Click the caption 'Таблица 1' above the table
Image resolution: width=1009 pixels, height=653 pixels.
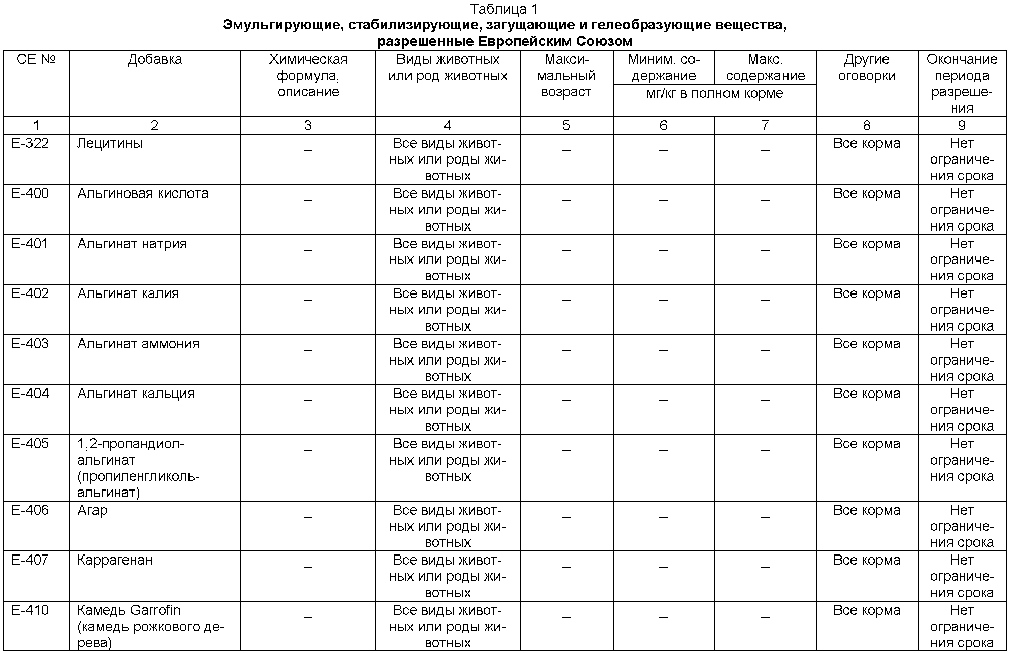(x=503, y=9)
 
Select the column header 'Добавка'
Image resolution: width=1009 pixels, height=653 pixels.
(x=154, y=59)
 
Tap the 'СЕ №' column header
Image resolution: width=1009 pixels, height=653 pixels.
(x=36, y=59)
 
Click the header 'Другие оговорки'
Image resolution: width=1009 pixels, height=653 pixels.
(x=866, y=68)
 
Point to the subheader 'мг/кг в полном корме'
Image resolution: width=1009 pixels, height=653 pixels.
(x=714, y=93)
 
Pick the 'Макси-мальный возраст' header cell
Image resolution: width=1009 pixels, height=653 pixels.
(x=566, y=76)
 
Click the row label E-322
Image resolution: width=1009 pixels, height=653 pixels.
(x=30, y=143)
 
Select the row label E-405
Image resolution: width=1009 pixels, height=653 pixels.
(x=30, y=444)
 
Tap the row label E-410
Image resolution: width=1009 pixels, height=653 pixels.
(x=30, y=610)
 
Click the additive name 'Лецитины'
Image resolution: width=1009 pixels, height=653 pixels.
(x=110, y=143)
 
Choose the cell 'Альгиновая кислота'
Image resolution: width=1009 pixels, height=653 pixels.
(x=143, y=193)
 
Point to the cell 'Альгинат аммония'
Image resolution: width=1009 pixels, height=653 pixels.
(x=138, y=344)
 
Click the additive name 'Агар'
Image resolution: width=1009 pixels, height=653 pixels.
(x=92, y=510)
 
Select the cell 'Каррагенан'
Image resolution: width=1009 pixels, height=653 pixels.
(x=115, y=560)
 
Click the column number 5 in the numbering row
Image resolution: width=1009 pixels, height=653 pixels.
(x=566, y=125)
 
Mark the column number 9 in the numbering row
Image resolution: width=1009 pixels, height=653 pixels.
(x=961, y=125)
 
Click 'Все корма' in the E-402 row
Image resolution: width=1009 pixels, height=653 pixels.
(x=866, y=293)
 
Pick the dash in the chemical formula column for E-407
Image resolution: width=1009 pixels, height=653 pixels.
(x=308, y=567)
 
